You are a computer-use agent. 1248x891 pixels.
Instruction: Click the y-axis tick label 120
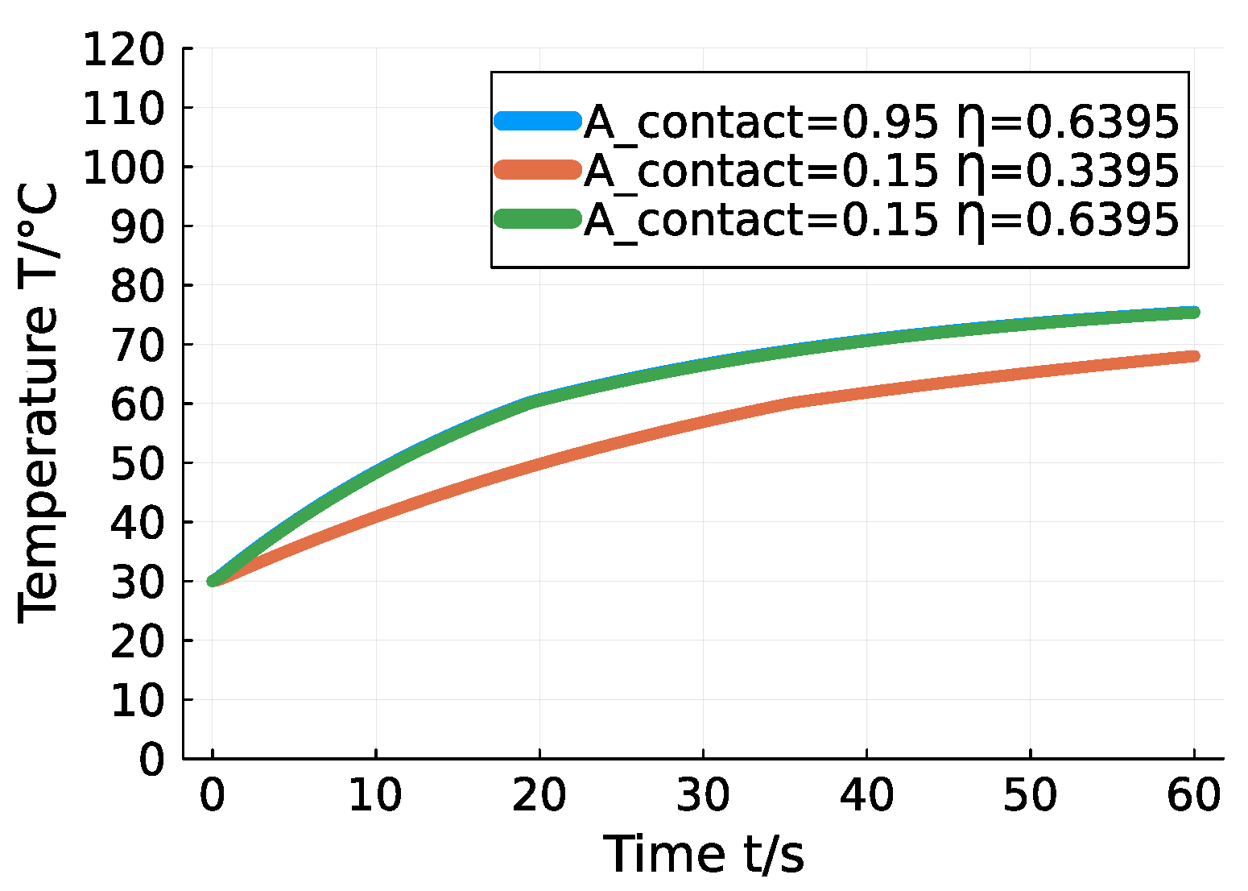122,50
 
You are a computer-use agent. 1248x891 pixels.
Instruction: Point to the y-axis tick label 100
122,168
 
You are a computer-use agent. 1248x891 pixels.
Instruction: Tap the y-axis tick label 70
136,345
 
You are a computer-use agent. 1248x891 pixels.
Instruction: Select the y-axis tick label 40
136,522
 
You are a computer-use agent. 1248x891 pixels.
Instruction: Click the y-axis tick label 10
136,700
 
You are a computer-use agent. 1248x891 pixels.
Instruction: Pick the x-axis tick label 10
375,795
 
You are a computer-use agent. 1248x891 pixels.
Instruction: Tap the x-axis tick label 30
702,795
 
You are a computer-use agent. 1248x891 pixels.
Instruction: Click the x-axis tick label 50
1029,795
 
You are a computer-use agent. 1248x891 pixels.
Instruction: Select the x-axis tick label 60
1193,795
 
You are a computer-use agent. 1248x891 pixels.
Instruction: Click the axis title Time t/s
703,854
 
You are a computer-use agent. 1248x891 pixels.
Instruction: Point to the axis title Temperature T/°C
38,403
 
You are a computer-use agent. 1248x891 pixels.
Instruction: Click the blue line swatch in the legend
537,121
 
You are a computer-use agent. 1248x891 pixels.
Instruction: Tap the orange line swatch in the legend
537,169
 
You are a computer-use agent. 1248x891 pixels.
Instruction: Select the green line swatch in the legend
537,218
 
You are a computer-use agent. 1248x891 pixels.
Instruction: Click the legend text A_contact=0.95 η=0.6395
881,121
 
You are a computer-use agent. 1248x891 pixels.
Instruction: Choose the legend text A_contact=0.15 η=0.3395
881,169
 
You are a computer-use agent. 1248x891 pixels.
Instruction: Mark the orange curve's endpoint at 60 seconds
1193,356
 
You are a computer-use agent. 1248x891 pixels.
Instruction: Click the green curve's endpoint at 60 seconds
1193,312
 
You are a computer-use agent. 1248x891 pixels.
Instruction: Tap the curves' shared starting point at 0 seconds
213,580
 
